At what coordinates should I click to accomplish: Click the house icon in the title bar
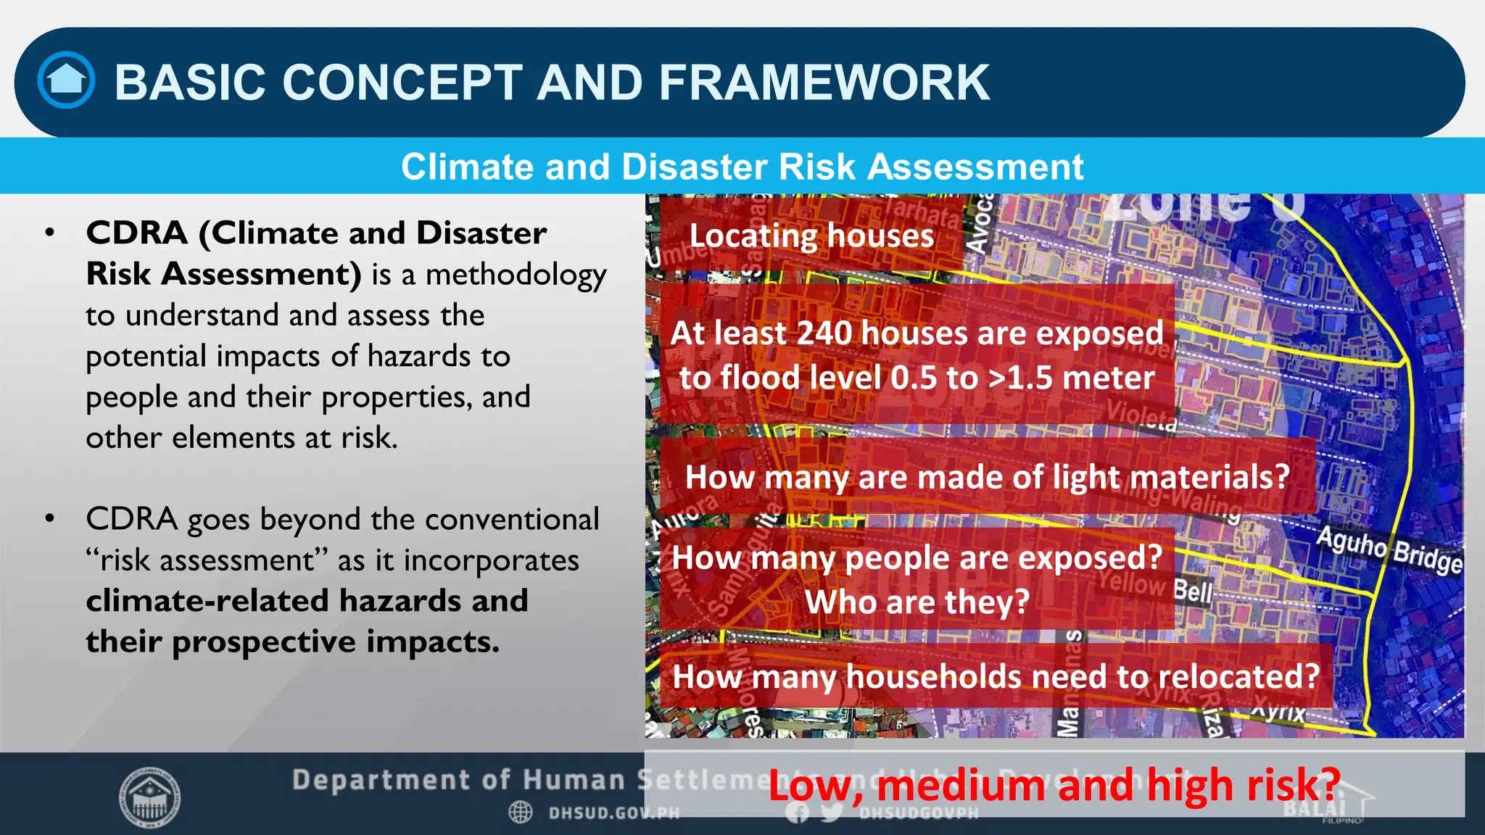(x=66, y=80)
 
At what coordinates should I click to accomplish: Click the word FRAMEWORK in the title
(x=824, y=82)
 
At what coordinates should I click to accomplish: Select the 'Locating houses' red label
(x=811, y=236)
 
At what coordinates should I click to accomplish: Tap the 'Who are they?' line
(x=917, y=602)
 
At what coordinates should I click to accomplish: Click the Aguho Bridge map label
(x=1389, y=550)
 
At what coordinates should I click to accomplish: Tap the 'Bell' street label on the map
(x=1193, y=591)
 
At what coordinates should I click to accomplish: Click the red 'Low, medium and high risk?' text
(x=1054, y=786)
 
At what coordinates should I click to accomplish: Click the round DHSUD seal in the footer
(x=150, y=798)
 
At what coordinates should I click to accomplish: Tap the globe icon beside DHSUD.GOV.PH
(x=521, y=813)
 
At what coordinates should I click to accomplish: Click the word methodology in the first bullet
(x=516, y=275)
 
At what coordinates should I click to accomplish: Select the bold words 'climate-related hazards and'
(x=307, y=601)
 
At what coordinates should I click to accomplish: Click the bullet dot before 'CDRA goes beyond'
(x=49, y=519)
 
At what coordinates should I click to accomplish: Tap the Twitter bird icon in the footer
(x=832, y=813)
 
